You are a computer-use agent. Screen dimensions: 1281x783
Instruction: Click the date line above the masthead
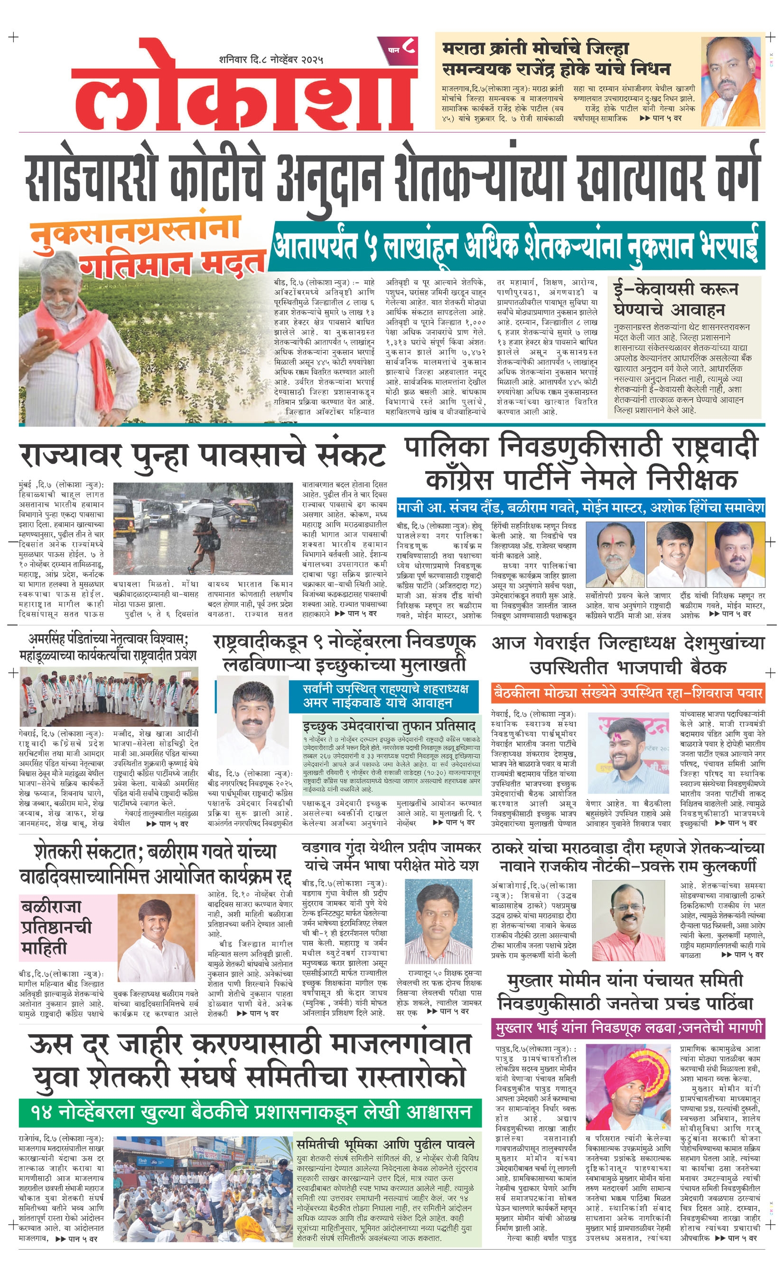[x=271, y=59]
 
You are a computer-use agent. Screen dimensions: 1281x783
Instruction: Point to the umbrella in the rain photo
[x=205, y=507]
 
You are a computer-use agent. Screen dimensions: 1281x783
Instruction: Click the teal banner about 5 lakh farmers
[x=516, y=245]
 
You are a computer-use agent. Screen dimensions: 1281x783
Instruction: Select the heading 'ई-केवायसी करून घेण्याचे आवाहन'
[x=676, y=299]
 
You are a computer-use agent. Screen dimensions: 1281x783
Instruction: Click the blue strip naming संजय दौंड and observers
[x=580, y=507]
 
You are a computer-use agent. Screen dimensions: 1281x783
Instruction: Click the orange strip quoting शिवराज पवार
[x=627, y=693]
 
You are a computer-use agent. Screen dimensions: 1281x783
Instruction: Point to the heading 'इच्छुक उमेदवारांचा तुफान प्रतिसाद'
[x=389, y=726]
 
